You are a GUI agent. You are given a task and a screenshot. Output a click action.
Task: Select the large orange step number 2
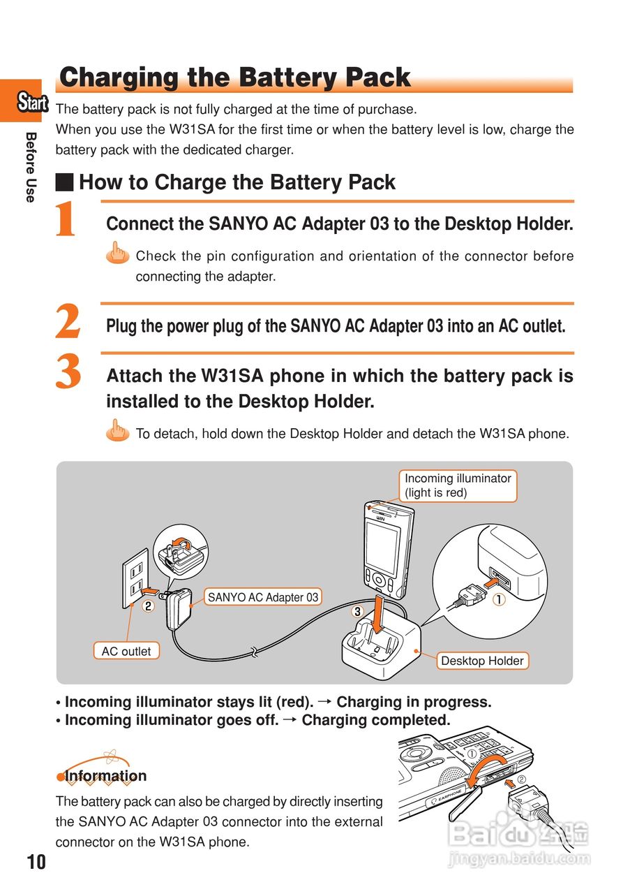tap(68, 323)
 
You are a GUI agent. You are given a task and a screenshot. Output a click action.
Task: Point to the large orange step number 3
tap(68, 372)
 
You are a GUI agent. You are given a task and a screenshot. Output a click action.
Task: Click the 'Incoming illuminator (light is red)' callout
tap(458, 485)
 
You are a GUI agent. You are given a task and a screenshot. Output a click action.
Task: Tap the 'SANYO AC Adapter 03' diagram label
tap(263, 597)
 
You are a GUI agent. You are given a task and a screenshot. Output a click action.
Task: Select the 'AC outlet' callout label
tap(126, 651)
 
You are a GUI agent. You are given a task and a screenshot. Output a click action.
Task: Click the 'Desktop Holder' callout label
tap(482, 661)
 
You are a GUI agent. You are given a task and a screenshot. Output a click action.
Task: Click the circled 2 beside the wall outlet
tap(148, 606)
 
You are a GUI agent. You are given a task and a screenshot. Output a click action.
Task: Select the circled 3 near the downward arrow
tap(357, 611)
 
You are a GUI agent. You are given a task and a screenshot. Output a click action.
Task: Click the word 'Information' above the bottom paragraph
tap(105, 776)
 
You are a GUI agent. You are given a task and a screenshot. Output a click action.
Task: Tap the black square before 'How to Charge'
tap(65, 183)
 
